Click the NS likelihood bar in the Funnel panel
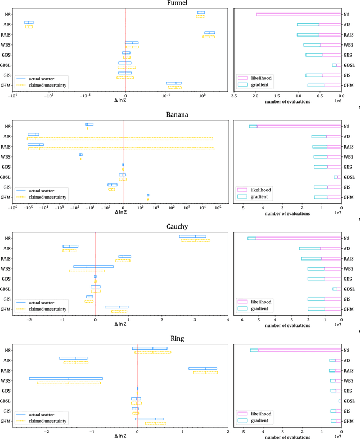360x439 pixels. pos(299,15)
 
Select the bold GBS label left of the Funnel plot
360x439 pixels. pos(6,55)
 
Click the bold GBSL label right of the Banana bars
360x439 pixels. pos(349,177)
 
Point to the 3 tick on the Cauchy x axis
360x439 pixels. pos(195,320)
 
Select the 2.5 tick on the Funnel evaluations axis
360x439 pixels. pos(234,96)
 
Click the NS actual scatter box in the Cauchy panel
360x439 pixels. pos(193,236)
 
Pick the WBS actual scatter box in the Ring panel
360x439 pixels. pos(66,378)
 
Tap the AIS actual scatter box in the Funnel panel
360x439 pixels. pos(29,23)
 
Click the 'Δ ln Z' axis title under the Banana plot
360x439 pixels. pos(123,214)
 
